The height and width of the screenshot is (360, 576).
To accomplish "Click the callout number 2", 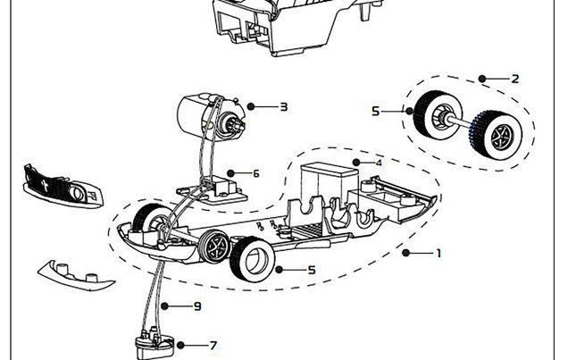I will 515,79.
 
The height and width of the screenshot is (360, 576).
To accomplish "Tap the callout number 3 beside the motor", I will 283,107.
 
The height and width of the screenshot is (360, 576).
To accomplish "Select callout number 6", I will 256,173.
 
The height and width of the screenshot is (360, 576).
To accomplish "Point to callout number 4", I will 379,163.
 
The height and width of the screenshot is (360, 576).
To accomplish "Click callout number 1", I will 438,253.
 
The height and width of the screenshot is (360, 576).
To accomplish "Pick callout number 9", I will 197,306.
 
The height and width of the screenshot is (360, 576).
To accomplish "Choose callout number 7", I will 213,345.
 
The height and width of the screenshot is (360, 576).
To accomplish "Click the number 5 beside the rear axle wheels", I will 376,111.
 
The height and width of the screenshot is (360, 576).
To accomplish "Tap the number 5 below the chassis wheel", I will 312,270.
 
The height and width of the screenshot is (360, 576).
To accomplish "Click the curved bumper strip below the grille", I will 77,274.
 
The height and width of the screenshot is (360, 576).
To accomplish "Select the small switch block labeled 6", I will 222,188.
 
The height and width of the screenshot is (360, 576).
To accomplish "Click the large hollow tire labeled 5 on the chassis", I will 251,260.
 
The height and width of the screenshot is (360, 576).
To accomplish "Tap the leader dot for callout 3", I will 251,107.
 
